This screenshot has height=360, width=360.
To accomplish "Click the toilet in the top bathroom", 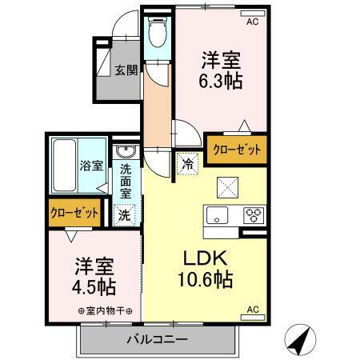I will [158, 33].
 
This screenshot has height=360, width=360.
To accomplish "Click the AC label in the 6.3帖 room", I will [252, 22].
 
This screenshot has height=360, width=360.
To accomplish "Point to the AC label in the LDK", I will [252, 309].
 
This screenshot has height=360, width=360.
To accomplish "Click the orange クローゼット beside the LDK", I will [235, 149].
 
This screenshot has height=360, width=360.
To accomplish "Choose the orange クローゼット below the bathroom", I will [74, 213].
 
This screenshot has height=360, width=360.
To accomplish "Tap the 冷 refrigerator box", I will [186, 162].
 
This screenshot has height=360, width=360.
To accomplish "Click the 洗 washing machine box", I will [126, 214].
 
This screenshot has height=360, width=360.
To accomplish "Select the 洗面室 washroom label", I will [126, 181].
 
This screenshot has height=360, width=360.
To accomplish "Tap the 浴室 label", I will [90, 166].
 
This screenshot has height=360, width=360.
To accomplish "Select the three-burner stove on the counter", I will [253, 215].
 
